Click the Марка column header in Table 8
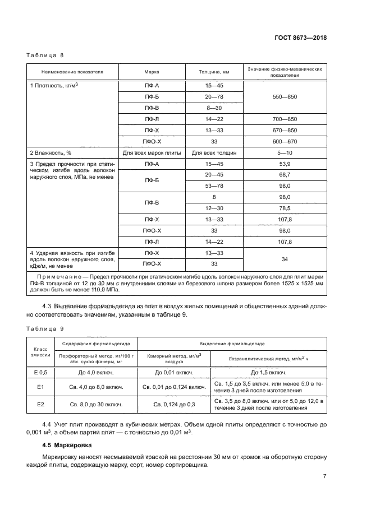click(x=152, y=72)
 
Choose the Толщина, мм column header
click(x=214, y=72)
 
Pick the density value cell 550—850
click(x=285, y=97)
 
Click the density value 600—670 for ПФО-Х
click(x=285, y=141)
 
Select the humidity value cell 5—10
click(x=285, y=152)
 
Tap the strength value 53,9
click(x=285, y=164)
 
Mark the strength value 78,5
click(x=285, y=208)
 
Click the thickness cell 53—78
click(x=214, y=186)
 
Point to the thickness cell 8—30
click(x=214, y=108)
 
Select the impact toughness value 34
click(x=285, y=258)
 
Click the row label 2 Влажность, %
click(x=51, y=152)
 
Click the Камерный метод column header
click(x=174, y=358)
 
